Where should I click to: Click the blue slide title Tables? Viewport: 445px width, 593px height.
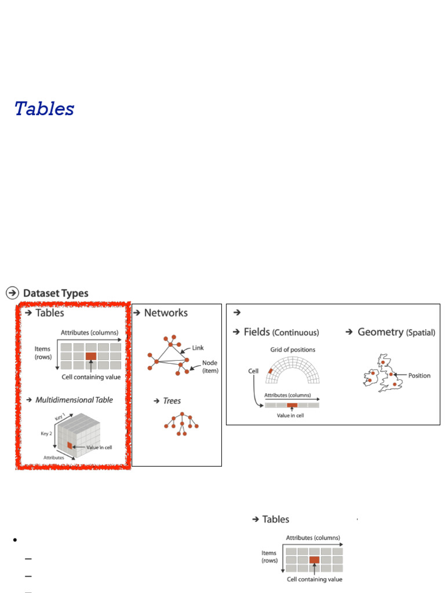pos(45,108)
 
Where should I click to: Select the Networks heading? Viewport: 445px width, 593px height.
pos(166,313)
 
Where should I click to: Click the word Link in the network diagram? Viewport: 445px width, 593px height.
pos(198,348)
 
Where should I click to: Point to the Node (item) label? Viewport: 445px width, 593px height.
pos(210,367)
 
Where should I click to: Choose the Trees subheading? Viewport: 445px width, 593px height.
pos(172,401)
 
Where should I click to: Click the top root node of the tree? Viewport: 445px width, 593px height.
pos(183,415)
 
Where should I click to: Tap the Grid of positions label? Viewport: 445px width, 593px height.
pos(293,350)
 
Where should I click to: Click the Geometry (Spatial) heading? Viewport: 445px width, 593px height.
pos(396,332)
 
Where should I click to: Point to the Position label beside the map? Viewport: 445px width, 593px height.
pos(419,375)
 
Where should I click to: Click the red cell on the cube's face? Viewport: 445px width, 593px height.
pos(70,445)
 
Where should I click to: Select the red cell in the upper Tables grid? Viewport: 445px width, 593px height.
pos(91,356)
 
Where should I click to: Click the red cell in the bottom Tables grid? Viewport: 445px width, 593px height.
pos(315,560)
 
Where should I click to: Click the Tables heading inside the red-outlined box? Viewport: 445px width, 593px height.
pos(50,313)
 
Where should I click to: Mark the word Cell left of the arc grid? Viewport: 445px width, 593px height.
pos(253,371)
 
